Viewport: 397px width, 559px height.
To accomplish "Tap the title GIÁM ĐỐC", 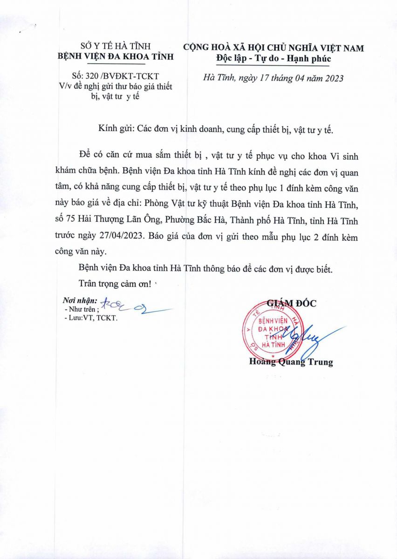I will tap(291, 303).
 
